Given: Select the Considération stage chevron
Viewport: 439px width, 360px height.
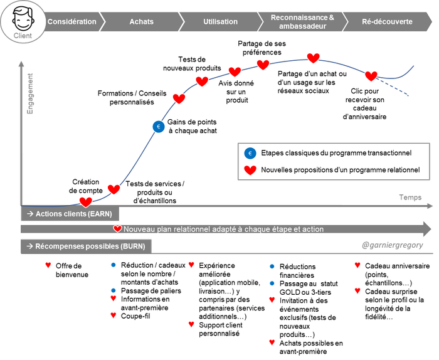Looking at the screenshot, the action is click(73, 21).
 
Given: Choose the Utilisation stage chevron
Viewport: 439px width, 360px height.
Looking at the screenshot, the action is click(221, 21).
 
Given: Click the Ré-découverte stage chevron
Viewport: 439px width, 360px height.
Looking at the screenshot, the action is click(387, 21).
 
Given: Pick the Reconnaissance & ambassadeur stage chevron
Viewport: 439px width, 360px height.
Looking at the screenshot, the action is click(303, 21).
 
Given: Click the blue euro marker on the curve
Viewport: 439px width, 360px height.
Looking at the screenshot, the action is click(159, 127).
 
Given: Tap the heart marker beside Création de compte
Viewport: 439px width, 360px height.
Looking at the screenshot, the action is click(86, 202).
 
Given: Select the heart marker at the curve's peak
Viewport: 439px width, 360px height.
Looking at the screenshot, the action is click(314, 58).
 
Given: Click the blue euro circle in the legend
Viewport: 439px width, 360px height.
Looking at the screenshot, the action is click(250, 153).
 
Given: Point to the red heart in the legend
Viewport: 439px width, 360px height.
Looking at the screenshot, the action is click(250, 170).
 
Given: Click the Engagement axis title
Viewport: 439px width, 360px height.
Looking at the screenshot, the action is click(30, 94).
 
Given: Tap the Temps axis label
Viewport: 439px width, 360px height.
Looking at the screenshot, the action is click(410, 198).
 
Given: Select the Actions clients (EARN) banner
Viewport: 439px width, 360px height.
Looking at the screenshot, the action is click(70, 214).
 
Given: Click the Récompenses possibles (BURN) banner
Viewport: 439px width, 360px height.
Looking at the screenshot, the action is click(87, 246).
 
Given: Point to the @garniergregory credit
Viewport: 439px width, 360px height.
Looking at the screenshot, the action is click(392, 245).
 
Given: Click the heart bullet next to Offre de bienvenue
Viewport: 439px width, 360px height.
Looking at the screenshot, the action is click(48, 265).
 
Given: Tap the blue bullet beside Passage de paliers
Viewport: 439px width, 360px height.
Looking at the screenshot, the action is click(113, 290).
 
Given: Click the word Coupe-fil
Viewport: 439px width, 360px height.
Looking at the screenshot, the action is click(135, 316).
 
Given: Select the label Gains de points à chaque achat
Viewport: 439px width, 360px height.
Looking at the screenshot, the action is click(193, 126).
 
